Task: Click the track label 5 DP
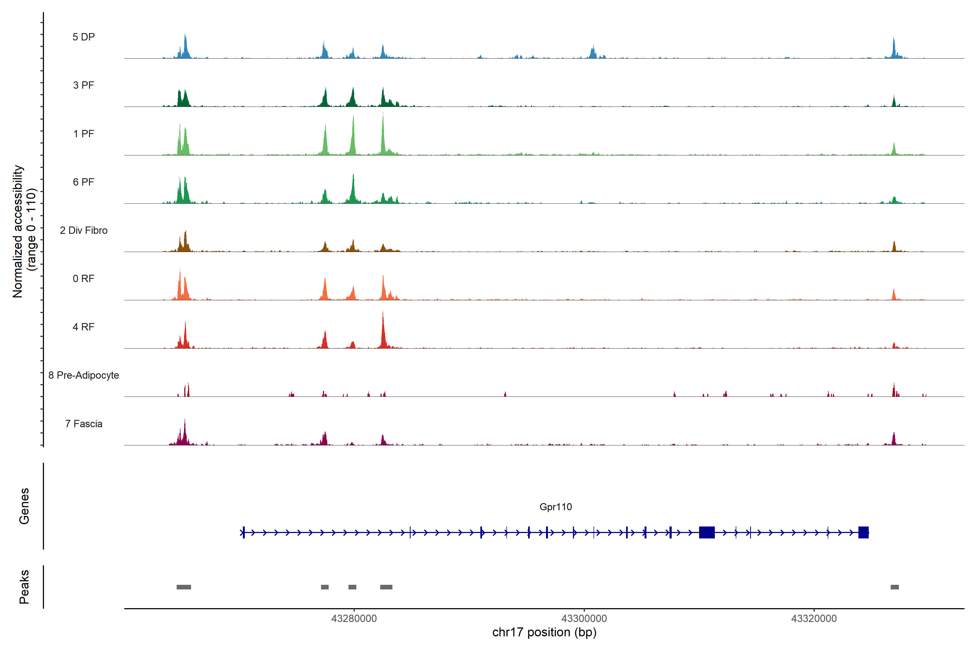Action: pyautogui.click(x=84, y=37)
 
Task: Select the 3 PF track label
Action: pyautogui.click(x=84, y=85)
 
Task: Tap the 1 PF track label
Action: pyautogui.click(x=84, y=134)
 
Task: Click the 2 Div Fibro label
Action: pyautogui.click(x=84, y=230)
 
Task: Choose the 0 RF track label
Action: pyautogui.click(x=84, y=279)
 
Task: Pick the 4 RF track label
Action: pyautogui.click(x=84, y=327)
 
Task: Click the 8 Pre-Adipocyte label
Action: pyautogui.click(x=84, y=375)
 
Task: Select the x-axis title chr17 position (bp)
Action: pyautogui.click(x=544, y=632)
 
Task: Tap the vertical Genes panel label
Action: pyautogui.click(x=24, y=506)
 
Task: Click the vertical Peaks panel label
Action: pyautogui.click(x=24, y=587)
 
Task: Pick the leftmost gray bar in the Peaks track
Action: pyautogui.click(x=184, y=587)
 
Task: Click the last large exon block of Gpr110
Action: pyautogui.click(x=863, y=532)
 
